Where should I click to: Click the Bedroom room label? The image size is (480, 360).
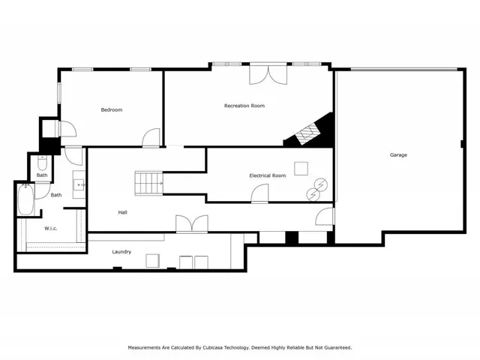coord(112,110)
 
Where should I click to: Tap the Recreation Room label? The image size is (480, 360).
coord(244,106)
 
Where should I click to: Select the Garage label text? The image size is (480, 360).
coord(398,155)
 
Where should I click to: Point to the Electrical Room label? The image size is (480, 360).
coord(268,175)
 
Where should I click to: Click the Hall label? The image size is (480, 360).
coord(122,212)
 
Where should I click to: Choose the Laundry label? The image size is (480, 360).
coord(121,252)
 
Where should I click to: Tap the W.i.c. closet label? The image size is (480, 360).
coord(51,228)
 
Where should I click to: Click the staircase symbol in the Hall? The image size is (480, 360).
coord(148,181)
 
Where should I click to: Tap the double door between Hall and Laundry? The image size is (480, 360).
coord(191,224)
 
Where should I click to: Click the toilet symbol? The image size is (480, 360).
coord(43,163)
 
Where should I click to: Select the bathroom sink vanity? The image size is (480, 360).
coord(78,184)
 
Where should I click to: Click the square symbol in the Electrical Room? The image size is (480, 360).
coord(301,168)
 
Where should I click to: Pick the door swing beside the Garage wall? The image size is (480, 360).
coord(324,217)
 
